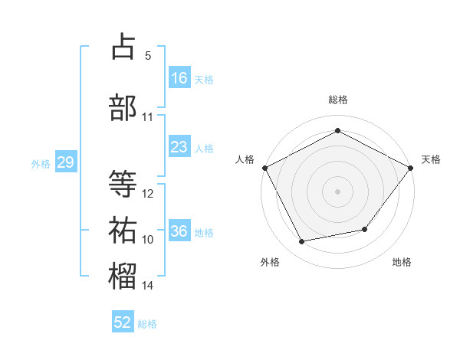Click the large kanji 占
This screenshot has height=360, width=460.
point(123,46)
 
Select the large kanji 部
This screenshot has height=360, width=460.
point(123,107)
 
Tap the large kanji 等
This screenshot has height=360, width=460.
point(123,183)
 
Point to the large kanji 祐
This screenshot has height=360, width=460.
point(123,230)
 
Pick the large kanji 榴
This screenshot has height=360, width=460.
point(123,276)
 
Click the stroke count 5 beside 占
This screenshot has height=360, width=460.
point(148,56)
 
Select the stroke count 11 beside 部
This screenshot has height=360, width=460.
point(147,117)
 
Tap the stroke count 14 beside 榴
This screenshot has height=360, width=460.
point(147,285)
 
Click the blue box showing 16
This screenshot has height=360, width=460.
point(179,77)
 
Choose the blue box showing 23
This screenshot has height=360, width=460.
point(179,146)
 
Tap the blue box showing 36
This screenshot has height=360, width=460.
point(179,230)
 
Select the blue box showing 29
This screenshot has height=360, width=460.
point(66,161)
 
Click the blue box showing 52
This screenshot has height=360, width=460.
point(123,321)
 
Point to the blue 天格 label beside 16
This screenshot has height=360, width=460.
point(204,80)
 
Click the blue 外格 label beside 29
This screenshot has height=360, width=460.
point(41,164)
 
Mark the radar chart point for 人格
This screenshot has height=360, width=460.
point(265,168)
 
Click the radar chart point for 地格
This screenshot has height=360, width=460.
point(365,229)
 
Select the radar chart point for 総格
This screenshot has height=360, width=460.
point(337,130)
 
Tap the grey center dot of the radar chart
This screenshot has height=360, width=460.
point(337,191)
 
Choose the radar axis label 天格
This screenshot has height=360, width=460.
point(431,159)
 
